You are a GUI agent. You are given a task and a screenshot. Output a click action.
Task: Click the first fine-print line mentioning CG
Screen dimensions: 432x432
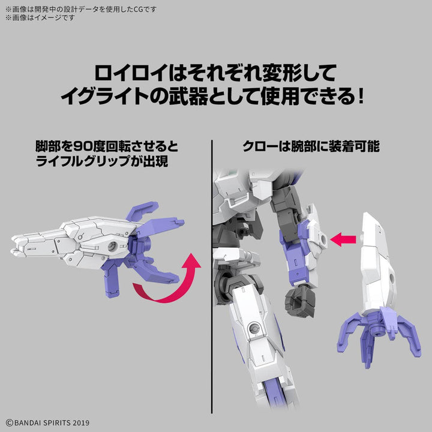(81, 8)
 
